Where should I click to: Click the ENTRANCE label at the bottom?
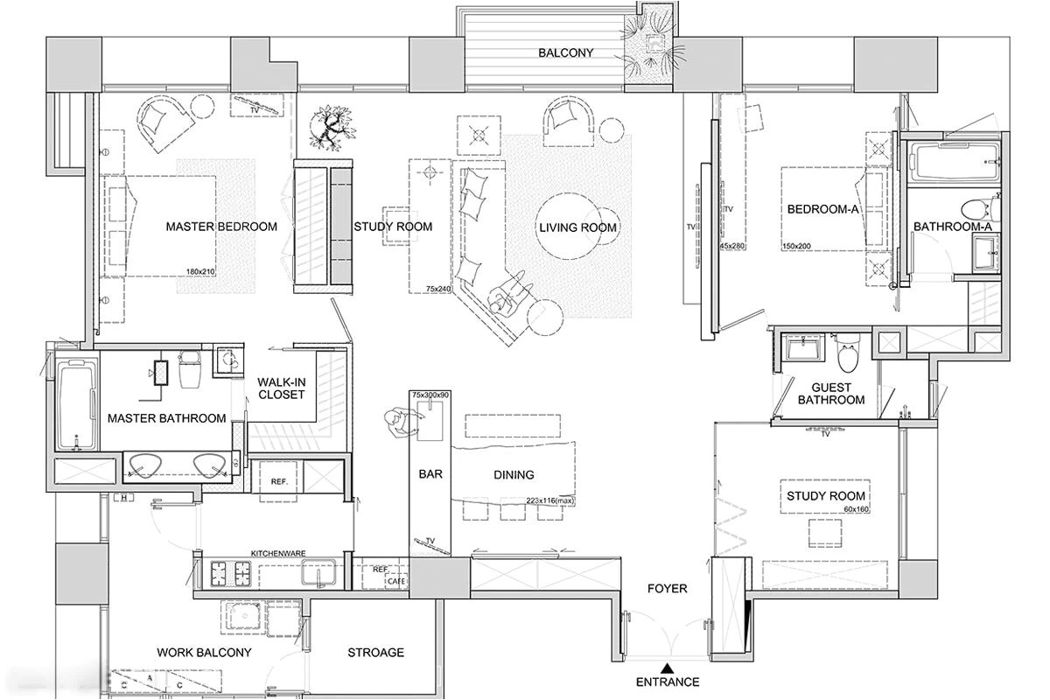667,682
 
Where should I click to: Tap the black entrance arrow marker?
667,668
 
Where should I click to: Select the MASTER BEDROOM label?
221,227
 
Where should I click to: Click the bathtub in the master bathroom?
77,404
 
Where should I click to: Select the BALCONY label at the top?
565,53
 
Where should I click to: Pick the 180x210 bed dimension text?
200,272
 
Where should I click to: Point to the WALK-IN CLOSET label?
281,388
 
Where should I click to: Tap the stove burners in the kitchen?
230,574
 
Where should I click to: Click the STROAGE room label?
375,653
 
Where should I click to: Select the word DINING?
514,475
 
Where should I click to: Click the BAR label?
431,475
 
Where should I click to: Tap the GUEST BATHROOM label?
831,394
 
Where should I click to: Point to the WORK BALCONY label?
204,653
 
